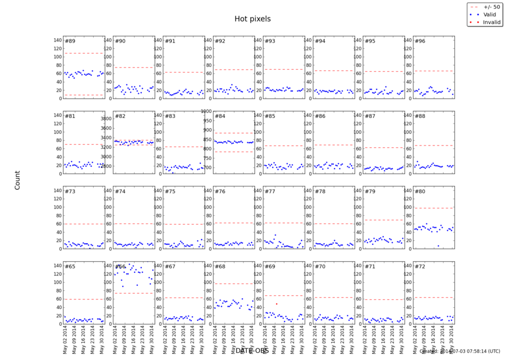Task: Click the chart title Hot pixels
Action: [x=252, y=19]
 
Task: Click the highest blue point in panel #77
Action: [x=275, y=235]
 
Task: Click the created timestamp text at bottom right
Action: [x=460, y=352]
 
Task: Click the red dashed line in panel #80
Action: [x=433, y=208]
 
